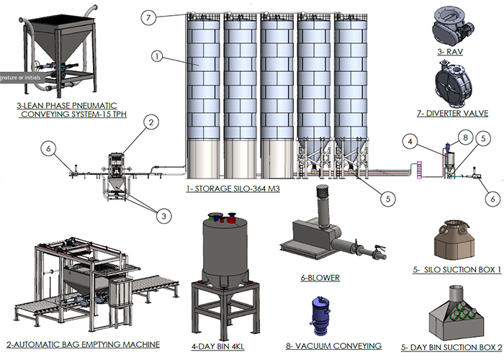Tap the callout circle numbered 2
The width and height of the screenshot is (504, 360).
150,123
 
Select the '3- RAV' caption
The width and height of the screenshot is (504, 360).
455,52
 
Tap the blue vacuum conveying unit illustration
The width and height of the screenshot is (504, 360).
318,315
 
